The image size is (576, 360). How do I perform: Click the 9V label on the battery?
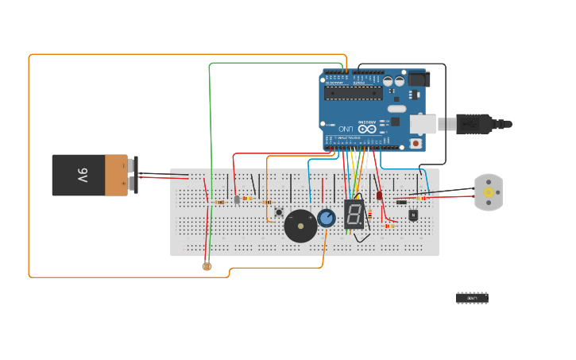[x=82, y=175]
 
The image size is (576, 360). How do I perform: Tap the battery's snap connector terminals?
[x=132, y=175]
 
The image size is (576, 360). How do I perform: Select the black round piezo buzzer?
[x=300, y=226]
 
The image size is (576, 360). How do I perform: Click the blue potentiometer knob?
[x=326, y=218]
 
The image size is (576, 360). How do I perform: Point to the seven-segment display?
[x=354, y=215]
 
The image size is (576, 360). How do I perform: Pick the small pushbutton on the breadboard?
[x=279, y=212]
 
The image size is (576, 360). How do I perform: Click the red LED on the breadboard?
[x=379, y=195]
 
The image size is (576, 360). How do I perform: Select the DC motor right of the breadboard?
[x=488, y=192]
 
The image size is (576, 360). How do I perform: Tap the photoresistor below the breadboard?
[x=207, y=266]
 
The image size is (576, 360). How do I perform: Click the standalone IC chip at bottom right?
[x=471, y=297]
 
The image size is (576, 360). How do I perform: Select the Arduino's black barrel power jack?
[x=418, y=79]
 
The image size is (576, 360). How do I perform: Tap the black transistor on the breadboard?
[x=413, y=215]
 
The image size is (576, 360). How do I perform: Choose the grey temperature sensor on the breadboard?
[x=237, y=199]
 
